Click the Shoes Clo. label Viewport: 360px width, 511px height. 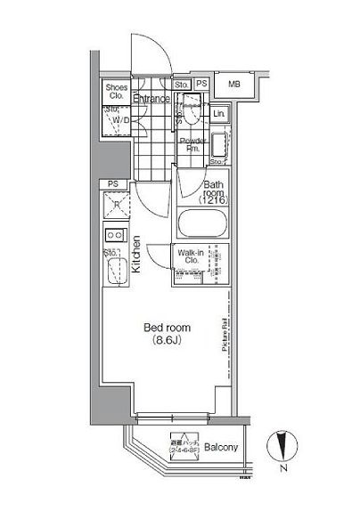click(x=118, y=92)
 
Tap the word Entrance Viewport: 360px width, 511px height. click(x=151, y=99)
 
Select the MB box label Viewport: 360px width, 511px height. click(x=233, y=85)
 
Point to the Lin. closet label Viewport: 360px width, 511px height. click(x=219, y=114)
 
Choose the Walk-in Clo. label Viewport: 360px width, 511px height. click(x=191, y=259)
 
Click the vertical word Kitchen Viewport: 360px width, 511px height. click(x=138, y=254)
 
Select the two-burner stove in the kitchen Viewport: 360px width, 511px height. click(x=115, y=236)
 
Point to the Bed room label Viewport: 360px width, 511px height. click(x=167, y=327)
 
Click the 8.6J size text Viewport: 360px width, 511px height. click(x=167, y=340)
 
